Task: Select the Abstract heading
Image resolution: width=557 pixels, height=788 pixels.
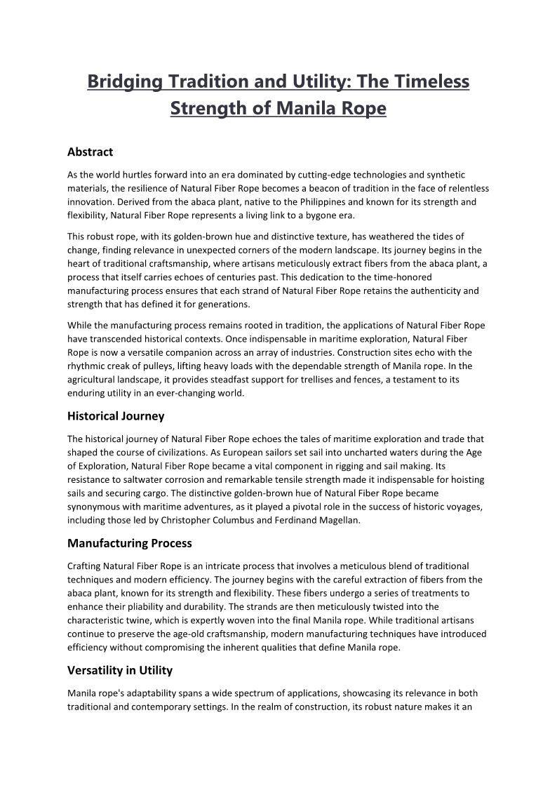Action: point(90,152)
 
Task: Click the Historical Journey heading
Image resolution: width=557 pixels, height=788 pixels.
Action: point(116,416)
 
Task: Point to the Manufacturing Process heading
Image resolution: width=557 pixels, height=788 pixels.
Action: point(129,543)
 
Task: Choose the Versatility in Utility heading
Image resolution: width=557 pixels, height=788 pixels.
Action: point(120,670)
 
